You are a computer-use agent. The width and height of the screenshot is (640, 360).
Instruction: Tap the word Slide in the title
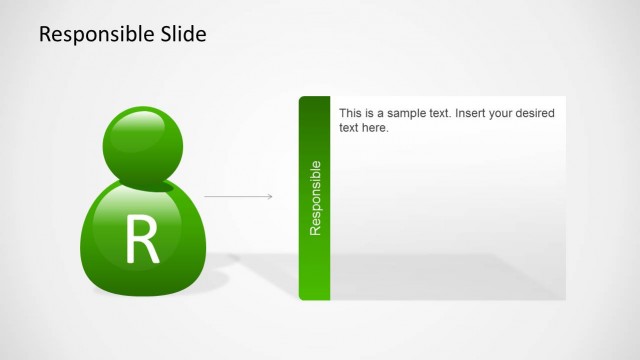pos(180,34)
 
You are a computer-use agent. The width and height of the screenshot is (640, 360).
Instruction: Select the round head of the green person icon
pos(142,147)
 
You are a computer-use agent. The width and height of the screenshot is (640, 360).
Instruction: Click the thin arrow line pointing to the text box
pos(236,196)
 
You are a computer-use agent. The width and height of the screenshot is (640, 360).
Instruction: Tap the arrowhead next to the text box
pos(270,196)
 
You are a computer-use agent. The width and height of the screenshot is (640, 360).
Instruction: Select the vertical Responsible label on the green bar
pos(315,197)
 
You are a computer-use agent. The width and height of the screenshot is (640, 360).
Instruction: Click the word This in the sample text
pos(351,114)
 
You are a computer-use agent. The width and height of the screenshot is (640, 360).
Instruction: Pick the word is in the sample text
pos(372,114)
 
